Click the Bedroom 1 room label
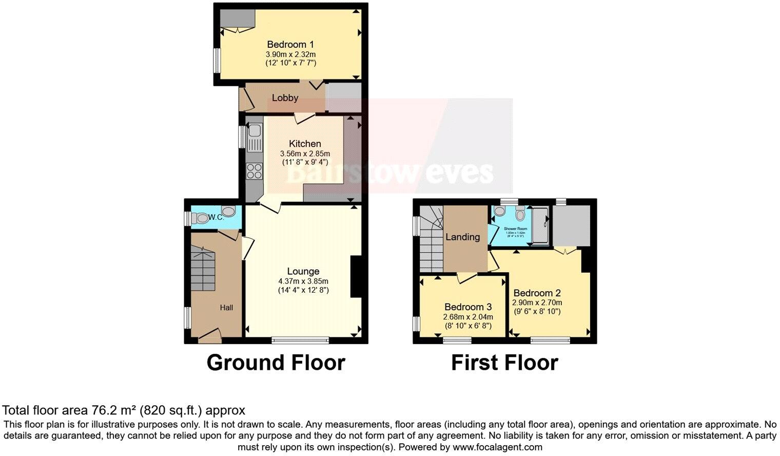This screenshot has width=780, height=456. pyautogui.click(x=290, y=45)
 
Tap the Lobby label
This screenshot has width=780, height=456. pyautogui.click(x=285, y=98)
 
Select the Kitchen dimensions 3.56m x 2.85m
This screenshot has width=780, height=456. pyautogui.click(x=305, y=154)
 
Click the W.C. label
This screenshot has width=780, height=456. pyautogui.click(x=216, y=218)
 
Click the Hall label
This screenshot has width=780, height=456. pyautogui.click(x=226, y=308)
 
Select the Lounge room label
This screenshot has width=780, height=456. pyautogui.click(x=303, y=271)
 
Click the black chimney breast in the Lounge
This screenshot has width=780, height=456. pyautogui.click(x=356, y=277)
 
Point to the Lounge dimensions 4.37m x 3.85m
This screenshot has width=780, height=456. pyautogui.click(x=303, y=281)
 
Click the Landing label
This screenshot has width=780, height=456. pyautogui.click(x=462, y=237)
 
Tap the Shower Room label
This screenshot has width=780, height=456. pyautogui.click(x=515, y=229)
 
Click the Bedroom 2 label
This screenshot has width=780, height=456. pyautogui.click(x=537, y=293)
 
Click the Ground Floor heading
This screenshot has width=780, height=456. pyautogui.click(x=276, y=363)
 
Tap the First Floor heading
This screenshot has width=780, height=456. pyautogui.click(x=504, y=363)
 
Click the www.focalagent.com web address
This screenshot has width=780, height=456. pyautogui.click(x=497, y=447)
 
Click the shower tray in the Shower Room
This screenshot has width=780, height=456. pyautogui.click(x=540, y=226)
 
